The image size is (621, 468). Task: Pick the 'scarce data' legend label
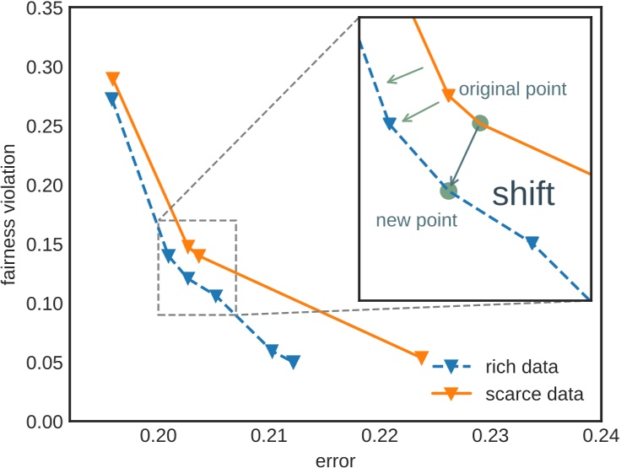coord(534,393)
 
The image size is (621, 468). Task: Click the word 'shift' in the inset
coord(523,195)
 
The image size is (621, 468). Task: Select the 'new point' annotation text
coord(416,221)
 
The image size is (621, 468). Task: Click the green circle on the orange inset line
coord(479,122)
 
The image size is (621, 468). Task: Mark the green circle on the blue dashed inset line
coord(448,191)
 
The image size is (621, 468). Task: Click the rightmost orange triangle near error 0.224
coord(422,358)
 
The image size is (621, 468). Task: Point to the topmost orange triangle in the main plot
coord(112,78)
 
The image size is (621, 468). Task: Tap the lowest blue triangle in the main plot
coord(293,362)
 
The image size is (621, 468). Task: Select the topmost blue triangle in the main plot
coord(111,98)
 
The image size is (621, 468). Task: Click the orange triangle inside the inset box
coord(448,95)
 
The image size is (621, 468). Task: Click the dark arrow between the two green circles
coord(463,158)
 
